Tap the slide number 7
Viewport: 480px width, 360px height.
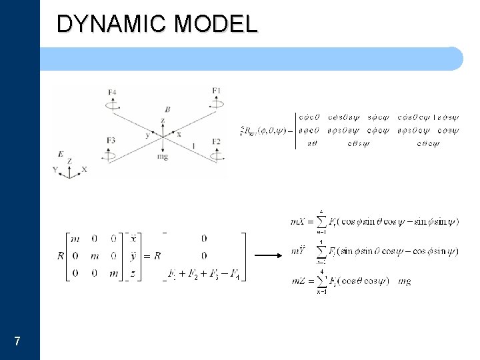pos(17,342)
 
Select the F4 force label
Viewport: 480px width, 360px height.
pos(111,92)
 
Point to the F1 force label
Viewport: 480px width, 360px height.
pos(216,90)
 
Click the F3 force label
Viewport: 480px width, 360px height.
pos(111,140)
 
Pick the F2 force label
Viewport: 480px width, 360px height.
pos(216,141)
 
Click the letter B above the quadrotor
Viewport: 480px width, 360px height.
pos(167,109)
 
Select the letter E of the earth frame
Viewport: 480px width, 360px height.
pos(61,153)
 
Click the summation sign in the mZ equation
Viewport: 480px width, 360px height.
pos(322,281)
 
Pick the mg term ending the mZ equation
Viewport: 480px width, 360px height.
pos(404,281)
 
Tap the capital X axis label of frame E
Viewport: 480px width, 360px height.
pos(85,170)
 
